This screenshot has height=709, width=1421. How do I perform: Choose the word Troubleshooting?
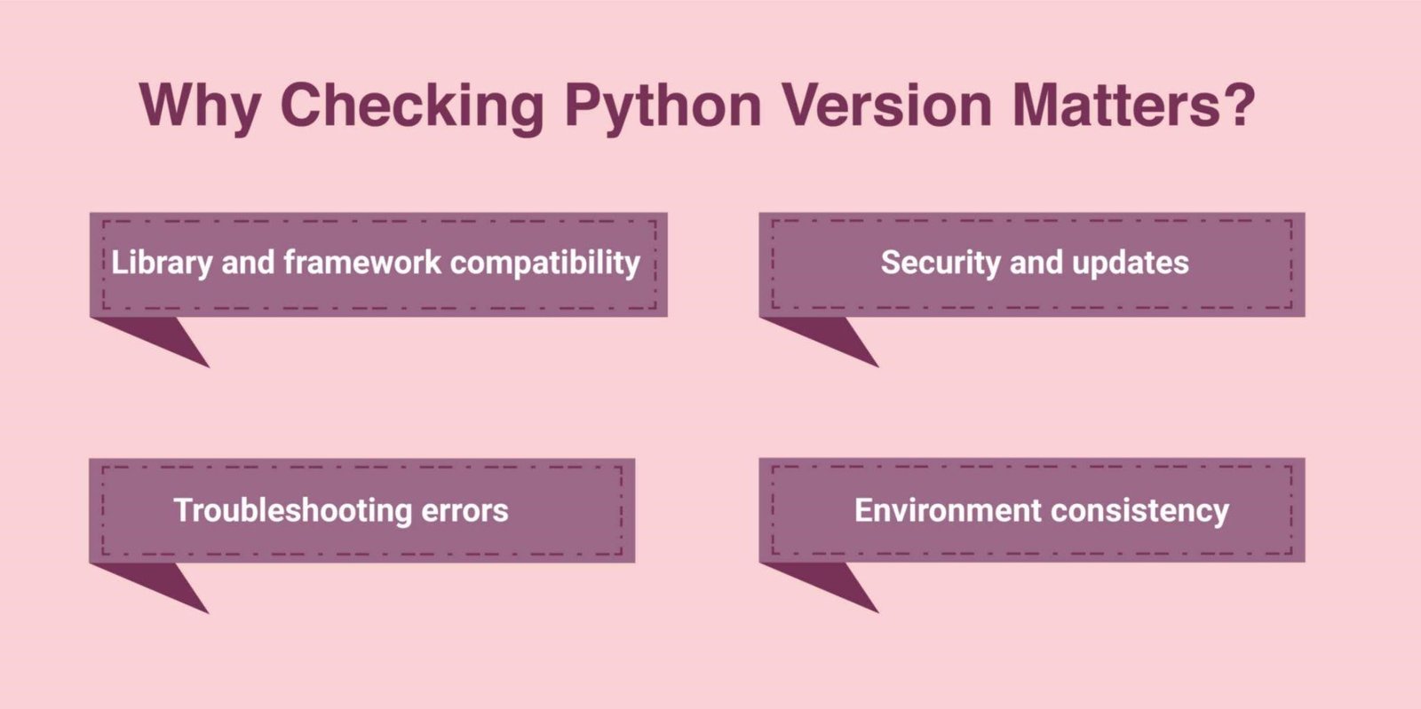point(291,511)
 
